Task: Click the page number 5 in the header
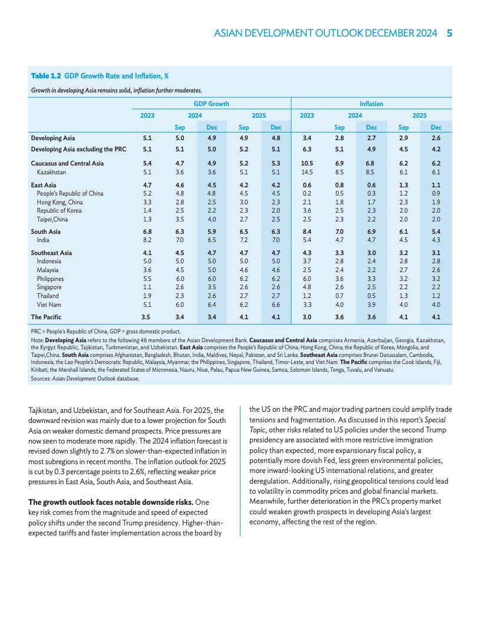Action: (x=449, y=33)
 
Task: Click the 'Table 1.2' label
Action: (x=46, y=76)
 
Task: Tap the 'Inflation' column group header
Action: (x=371, y=104)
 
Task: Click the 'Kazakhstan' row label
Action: (x=51, y=172)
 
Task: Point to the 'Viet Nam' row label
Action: (x=49, y=305)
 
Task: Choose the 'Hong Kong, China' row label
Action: (x=60, y=201)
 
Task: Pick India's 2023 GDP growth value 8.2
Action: (x=147, y=240)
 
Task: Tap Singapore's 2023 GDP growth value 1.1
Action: (x=147, y=287)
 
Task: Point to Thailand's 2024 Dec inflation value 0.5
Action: (x=371, y=296)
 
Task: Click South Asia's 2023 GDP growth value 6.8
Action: (x=147, y=231)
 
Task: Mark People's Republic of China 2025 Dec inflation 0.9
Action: (x=436, y=193)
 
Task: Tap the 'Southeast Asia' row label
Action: (x=51, y=253)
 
